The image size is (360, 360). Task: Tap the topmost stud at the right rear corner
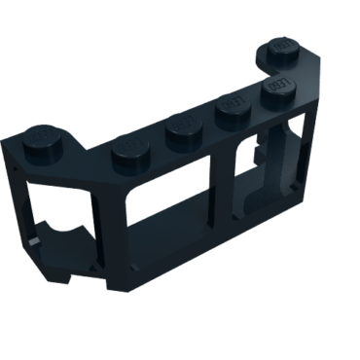(x=281, y=49)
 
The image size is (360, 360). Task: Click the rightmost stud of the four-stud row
(x=277, y=93)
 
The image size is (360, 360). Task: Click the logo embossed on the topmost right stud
(x=282, y=46)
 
